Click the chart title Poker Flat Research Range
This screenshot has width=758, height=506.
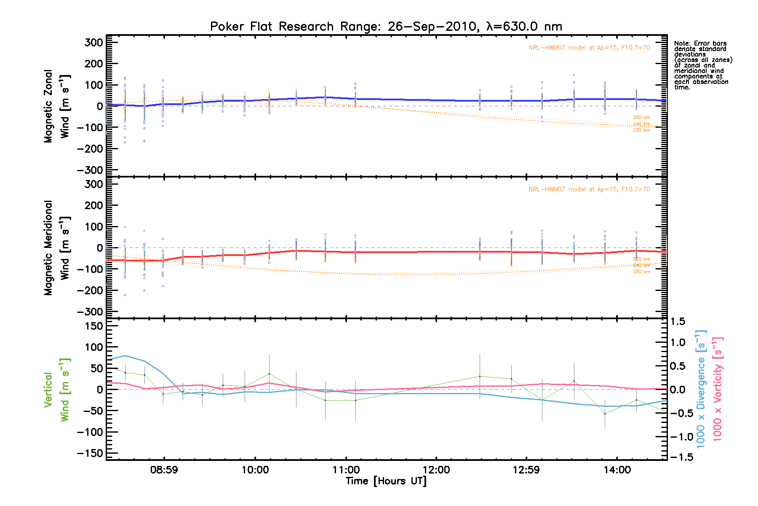(x=386, y=27)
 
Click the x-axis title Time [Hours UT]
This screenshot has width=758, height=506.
(x=386, y=481)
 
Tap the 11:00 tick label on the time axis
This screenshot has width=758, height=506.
(x=346, y=470)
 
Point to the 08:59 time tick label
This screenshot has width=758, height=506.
(x=164, y=470)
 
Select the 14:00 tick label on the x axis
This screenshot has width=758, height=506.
(x=617, y=470)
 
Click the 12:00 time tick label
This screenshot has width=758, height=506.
(x=436, y=470)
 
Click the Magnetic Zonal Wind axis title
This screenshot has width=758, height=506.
(x=57, y=106)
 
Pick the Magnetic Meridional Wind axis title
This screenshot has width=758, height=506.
(x=57, y=248)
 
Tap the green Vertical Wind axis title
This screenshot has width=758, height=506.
(x=57, y=390)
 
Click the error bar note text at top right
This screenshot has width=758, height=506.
(x=702, y=65)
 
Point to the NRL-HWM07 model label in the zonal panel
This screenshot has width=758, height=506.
(x=589, y=48)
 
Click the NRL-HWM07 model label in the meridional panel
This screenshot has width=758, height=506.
(x=589, y=189)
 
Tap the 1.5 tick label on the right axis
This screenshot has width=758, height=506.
(x=678, y=322)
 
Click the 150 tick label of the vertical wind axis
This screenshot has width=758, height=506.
(x=91, y=326)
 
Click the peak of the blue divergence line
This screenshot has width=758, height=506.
(x=125, y=355)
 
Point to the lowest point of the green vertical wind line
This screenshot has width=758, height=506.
(x=605, y=414)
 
